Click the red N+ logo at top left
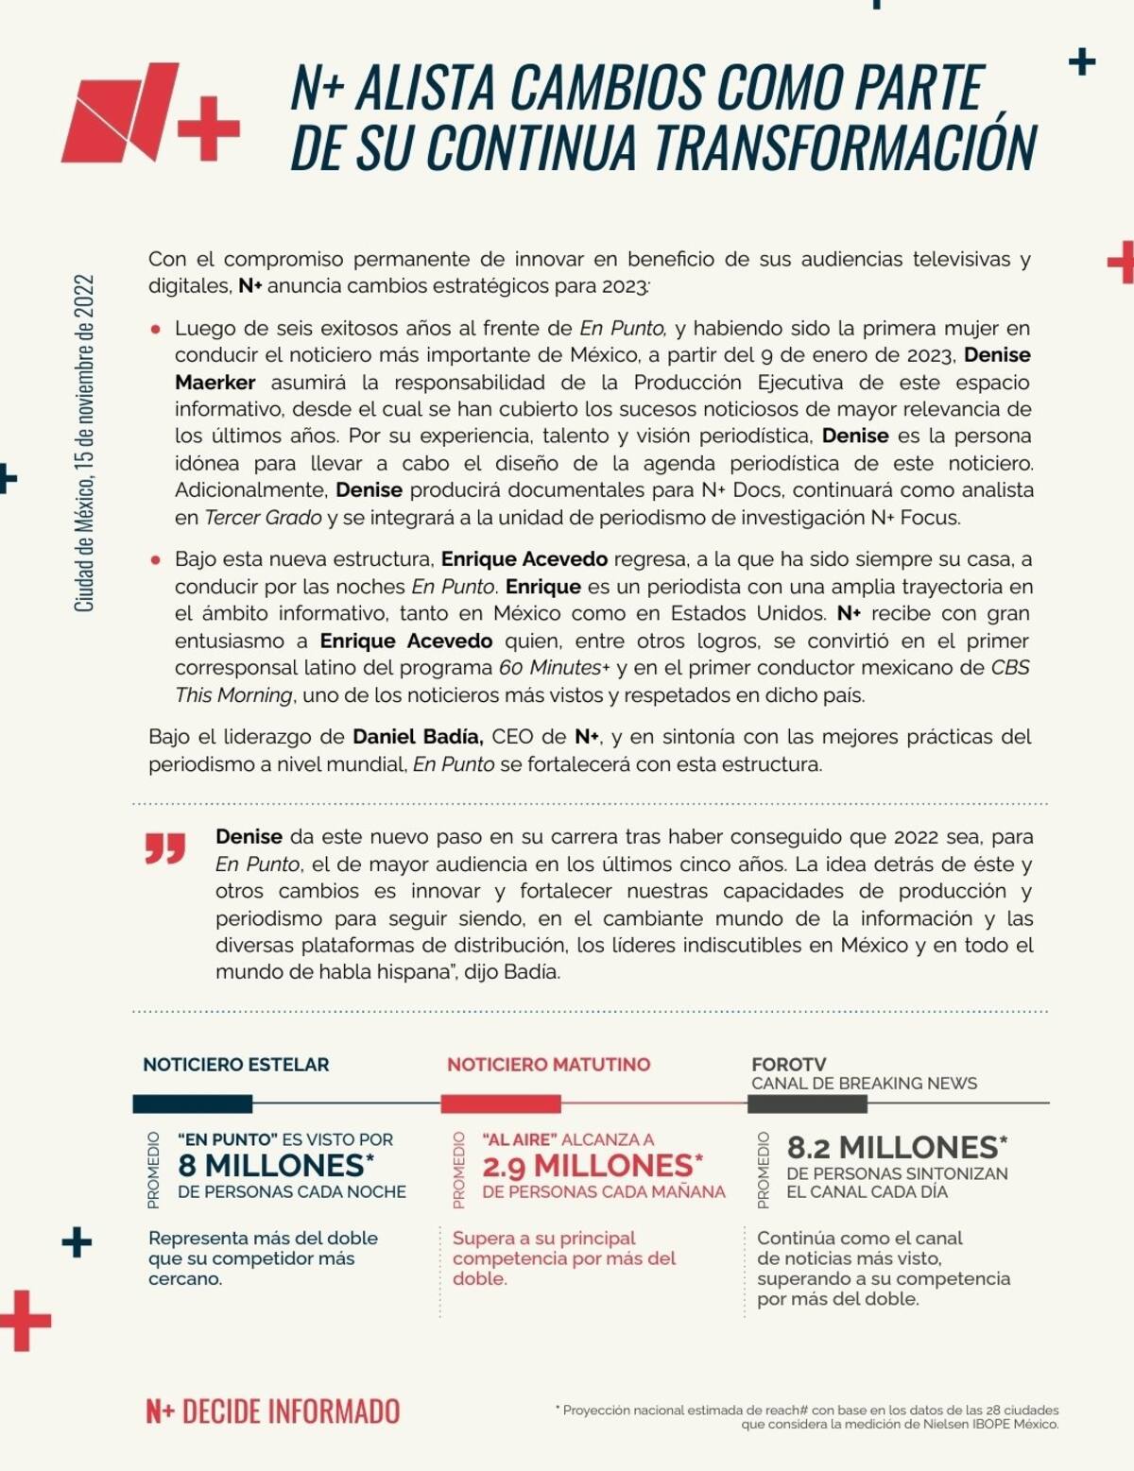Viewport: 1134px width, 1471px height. click(149, 112)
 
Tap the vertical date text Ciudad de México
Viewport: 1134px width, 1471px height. click(84, 443)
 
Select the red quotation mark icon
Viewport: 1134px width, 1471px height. click(165, 848)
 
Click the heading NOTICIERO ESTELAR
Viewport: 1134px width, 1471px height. click(235, 1065)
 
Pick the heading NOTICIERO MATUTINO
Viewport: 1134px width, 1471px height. click(548, 1065)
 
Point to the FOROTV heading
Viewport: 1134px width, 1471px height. click(789, 1064)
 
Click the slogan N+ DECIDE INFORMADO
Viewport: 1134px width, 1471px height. click(272, 1411)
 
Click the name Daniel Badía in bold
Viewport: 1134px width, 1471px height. click(418, 737)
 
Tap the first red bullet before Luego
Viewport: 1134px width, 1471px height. click(156, 330)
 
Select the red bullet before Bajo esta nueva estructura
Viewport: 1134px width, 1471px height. click(156, 560)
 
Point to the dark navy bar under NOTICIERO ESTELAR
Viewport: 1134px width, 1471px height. click(193, 1103)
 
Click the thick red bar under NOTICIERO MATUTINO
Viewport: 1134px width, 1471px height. click(501, 1103)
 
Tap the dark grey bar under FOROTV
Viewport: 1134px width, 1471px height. click(807, 1103)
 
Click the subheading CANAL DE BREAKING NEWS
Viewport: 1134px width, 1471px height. click(864, 1084)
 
